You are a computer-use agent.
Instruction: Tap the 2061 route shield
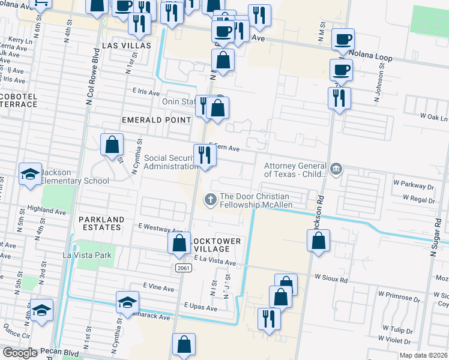tap(184, 268)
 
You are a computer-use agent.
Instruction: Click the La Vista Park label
tap(88, 254)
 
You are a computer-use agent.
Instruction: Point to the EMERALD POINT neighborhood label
tap(152, 120)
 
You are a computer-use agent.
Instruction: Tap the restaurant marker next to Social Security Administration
tap(205, 155)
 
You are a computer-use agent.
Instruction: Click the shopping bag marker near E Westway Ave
tap(179, 243)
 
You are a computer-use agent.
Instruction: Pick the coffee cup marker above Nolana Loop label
tap(343, 40)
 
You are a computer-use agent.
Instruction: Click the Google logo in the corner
tap(19, 353)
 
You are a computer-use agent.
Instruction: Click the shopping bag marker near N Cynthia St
tap(112, 144)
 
